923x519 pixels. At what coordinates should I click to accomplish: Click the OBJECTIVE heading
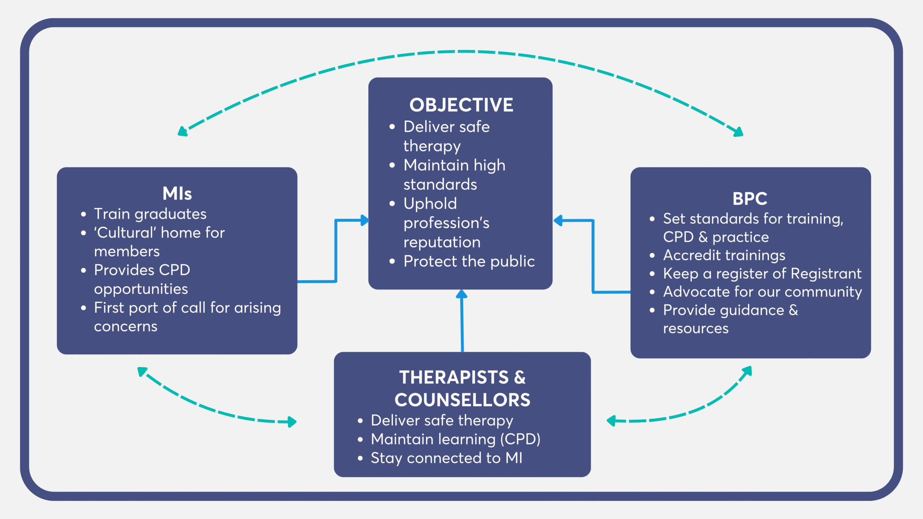(x=461, y=105)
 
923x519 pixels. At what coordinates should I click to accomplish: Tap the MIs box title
(x=177, y=194)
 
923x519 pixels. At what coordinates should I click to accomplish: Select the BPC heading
(x=750, y=199)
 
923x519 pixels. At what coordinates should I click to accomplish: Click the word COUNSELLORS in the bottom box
(x=462, y=400)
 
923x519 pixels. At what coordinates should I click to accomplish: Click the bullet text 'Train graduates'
(x=150, y=214)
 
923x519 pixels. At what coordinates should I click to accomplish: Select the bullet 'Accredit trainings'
(x=724, y=255)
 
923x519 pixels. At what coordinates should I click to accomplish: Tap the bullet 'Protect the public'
(x=469, y=261)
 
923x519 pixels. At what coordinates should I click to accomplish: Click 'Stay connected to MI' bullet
(x=446, y=458)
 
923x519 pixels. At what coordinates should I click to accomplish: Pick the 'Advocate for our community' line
(x=762, y=292)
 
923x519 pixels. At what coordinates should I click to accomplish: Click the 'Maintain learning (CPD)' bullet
(x=455, y=439)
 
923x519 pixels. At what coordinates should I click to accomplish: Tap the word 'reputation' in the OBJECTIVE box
(x=442, y=242)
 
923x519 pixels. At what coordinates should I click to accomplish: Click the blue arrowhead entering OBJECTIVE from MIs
(x=365, y=220)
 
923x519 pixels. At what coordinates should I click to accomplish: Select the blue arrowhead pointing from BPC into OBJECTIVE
(x=558, y=220)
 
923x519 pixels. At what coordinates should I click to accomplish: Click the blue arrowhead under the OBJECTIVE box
(x=461, y=294)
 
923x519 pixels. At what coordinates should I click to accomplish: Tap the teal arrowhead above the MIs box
(x=182, y=132)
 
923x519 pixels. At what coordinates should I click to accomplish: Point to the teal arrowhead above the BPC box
(x=738, y=132)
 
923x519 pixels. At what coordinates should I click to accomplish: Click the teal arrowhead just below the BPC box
(x=747, y=371)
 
